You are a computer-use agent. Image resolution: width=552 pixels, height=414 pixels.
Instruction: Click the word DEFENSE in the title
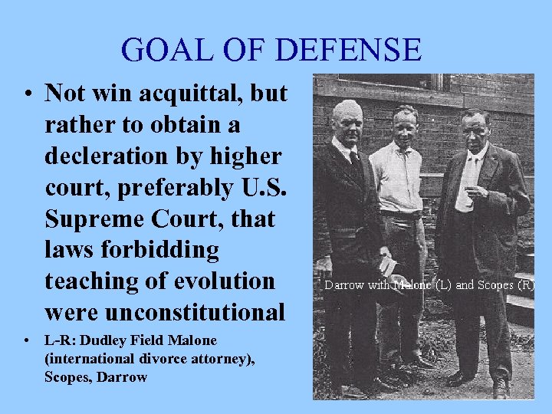tap(348, 50)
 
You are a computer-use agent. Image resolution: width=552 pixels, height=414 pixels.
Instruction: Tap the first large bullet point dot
tap(27, 95)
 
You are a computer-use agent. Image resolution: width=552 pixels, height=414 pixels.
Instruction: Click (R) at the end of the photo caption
tap(525, 284)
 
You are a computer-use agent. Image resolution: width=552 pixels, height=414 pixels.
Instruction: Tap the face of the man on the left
tap(348, 121)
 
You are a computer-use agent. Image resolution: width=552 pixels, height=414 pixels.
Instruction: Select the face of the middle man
tap(404, 123)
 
